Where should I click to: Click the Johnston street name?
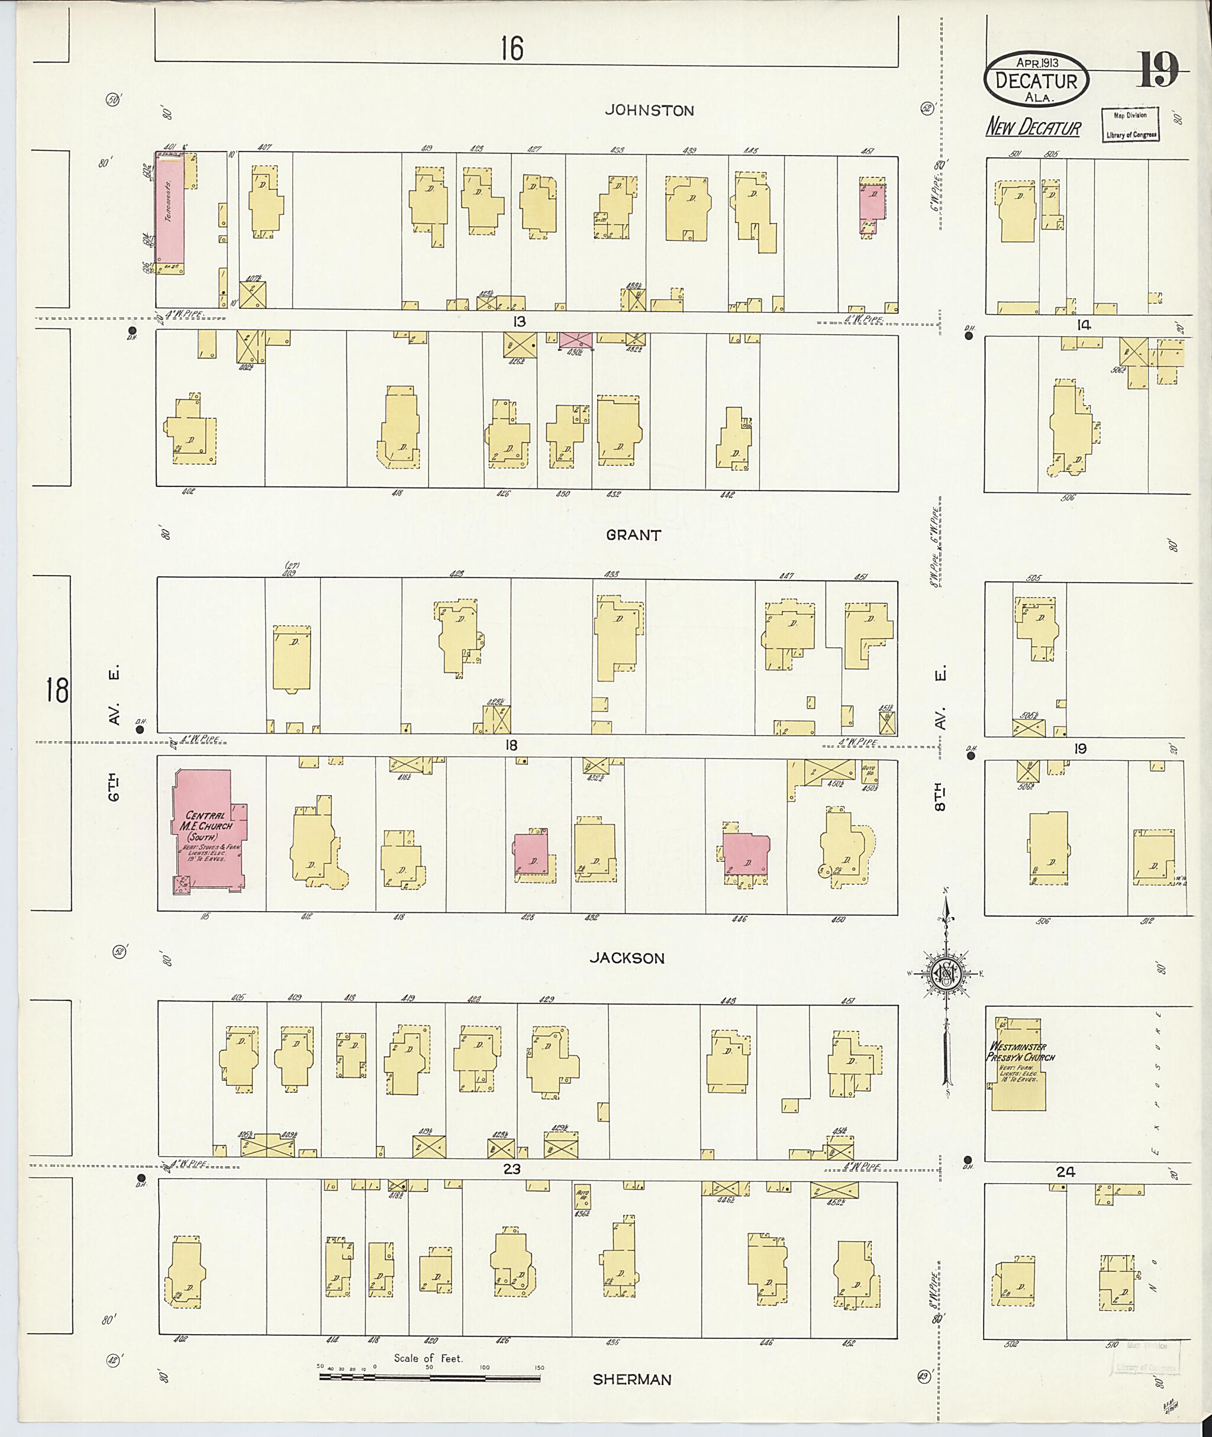click(x=649, y=110)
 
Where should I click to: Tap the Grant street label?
click(x=633, y=535)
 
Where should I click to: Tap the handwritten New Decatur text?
click(x=1033, y=128)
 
